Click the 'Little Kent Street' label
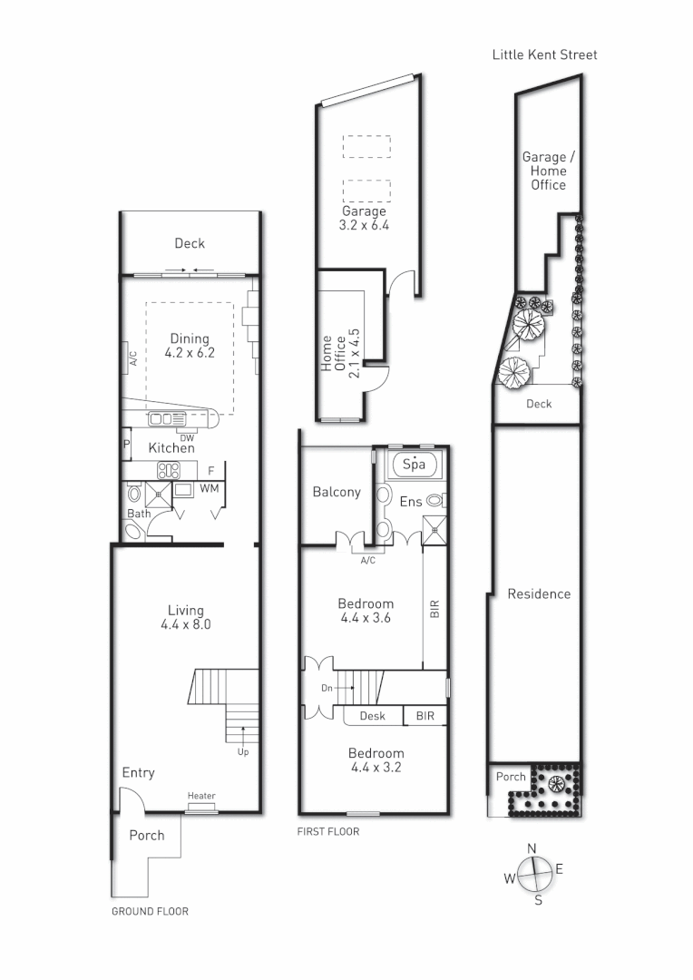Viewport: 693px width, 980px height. point(544,54)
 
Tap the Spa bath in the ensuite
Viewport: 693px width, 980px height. point(414,465)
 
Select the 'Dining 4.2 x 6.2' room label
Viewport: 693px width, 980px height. point(190,346)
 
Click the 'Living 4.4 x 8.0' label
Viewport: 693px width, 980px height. point(185,617)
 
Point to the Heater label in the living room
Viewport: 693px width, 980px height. point(201,796)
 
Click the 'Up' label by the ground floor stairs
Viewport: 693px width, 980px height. point(242,751)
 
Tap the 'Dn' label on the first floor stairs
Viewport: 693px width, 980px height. point(327,688)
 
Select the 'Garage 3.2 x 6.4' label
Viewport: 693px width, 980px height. point(364,218)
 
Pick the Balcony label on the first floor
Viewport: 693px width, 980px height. point(337,492)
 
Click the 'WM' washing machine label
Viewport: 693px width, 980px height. point(210,489)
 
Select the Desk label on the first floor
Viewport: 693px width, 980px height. point(372,716)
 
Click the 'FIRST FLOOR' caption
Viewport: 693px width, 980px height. point(328,831)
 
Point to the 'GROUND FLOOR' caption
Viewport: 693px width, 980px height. point(150,911)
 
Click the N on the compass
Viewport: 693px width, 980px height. point(532,848)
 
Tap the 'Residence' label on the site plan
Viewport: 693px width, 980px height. point(539,593)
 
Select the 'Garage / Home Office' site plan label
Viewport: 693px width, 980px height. point(544,171)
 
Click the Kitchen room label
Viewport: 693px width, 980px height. point(171,448)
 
